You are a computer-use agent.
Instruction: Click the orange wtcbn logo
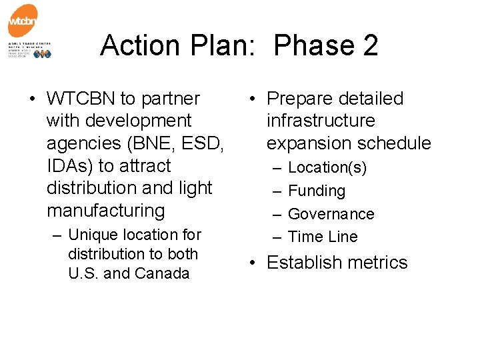23,23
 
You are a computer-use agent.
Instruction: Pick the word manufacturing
105,211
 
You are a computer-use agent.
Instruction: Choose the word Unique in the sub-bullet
90,235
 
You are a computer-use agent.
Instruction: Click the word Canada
162,273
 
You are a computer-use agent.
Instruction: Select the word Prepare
302,99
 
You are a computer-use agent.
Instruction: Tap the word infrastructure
321,121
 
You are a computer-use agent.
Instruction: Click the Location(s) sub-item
327,168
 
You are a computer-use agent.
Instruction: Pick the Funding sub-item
317,191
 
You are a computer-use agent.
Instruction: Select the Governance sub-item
331,214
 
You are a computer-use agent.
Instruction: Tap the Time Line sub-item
323,237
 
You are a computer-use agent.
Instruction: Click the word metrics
375,263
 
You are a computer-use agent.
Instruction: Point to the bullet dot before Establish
253,263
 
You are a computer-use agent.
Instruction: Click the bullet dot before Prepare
253,99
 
